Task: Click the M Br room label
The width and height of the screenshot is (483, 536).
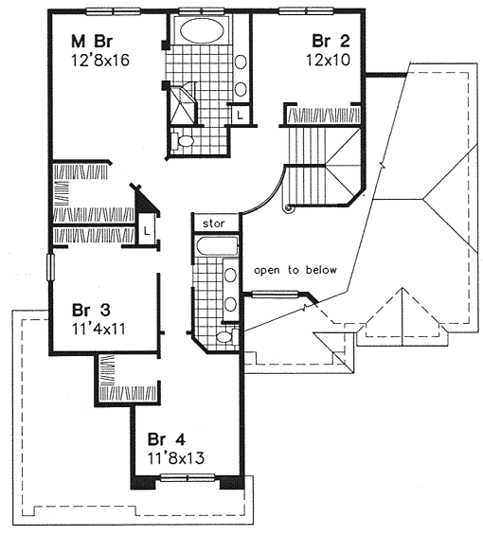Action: click(92, 42)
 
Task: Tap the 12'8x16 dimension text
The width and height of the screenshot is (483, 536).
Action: click(100, 61)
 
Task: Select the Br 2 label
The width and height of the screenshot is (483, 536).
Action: click(331, 42)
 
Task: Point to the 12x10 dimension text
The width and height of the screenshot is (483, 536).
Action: click(328, 61)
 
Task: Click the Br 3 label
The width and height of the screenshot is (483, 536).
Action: click(91, 311)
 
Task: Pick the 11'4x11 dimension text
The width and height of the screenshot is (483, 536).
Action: click(98, 329)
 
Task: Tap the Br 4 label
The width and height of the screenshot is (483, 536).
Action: click(167, 439)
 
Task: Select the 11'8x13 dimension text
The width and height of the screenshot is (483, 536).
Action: click(176, 457)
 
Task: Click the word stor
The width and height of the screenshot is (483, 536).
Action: click(214, 223)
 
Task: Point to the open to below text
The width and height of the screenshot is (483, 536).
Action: click(295, 270)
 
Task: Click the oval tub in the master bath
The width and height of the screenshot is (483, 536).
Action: click(202, 29)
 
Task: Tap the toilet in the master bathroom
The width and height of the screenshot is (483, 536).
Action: click(182, 140)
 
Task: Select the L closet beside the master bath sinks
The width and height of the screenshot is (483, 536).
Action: click(240, 115)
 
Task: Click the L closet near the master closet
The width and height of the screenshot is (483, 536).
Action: click(147, 230)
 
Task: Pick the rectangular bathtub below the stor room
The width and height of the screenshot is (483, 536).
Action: click(217, 246)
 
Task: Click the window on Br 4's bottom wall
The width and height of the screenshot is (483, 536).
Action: click(188, 477)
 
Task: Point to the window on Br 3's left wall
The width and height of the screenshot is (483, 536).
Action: click(50, 267)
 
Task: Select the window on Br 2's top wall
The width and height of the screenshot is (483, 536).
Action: click(306, 11)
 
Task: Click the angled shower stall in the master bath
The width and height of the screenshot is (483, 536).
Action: click(182, 104)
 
